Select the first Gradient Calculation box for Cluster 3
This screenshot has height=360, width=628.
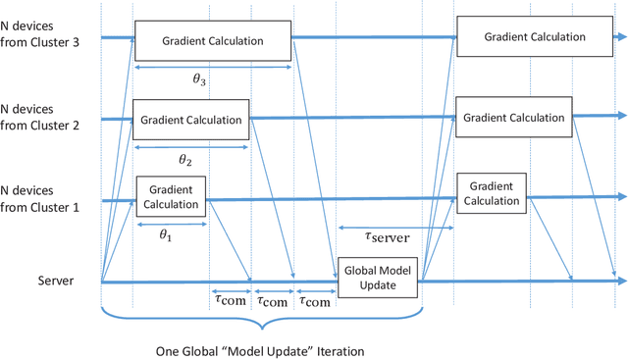coord(213,41)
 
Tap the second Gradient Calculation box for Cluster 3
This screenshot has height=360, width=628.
coord(535,36)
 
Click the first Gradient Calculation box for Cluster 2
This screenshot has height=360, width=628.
coord(190,120)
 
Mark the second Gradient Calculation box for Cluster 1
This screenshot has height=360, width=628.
coord(493,193)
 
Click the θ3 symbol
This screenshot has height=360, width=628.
coord(199,81)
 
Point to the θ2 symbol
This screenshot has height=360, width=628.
coord(184,159)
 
